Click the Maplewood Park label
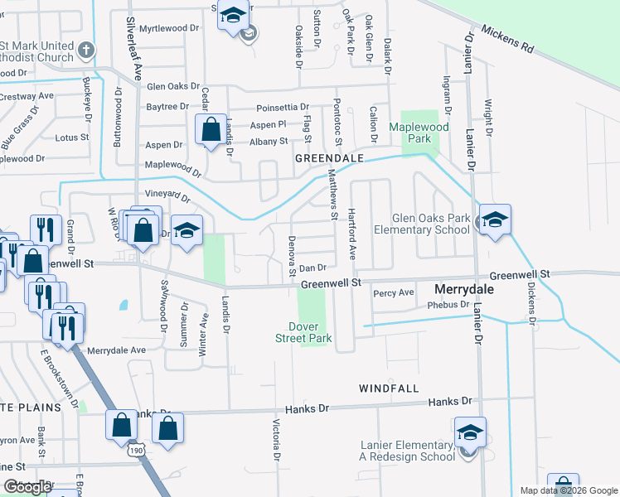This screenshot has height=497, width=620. point(420,133)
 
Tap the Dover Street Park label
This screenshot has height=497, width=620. point(303,332)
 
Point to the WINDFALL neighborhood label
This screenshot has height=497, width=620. point(389,388)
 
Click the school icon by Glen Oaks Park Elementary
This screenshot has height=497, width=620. point(495,220)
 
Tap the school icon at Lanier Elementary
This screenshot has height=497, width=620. point(470,432)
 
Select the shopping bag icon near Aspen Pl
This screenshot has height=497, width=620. point(211,129)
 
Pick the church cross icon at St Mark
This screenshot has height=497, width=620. point(85,51)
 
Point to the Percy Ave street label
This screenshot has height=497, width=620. point(394,293)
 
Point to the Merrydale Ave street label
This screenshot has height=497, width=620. point(116,350)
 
